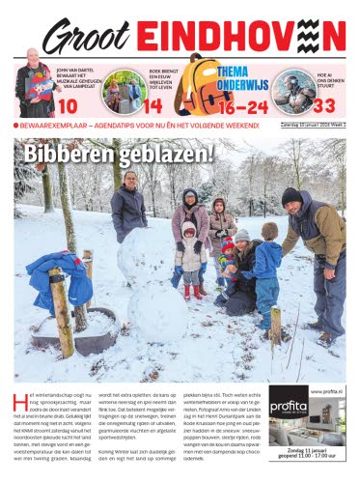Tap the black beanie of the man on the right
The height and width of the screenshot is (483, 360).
[x=291, y=195]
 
